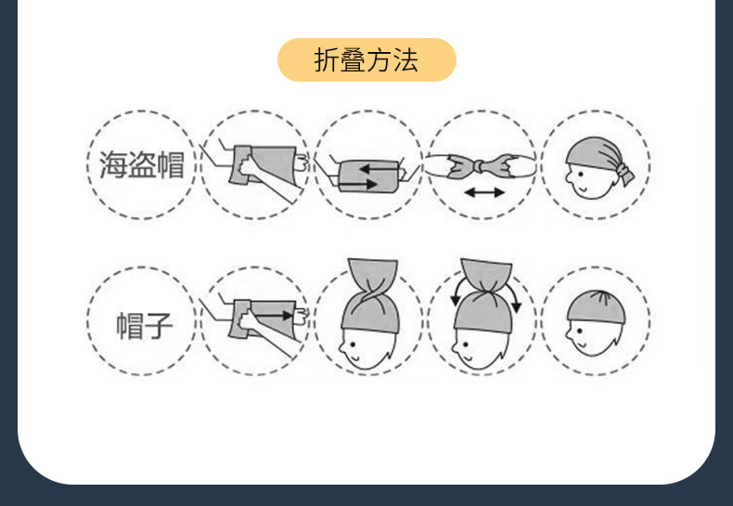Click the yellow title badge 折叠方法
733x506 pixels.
click(366, 60)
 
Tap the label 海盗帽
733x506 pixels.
click(141, 165)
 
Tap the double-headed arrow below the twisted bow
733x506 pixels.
click(483, 192)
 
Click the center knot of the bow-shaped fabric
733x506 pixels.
click(482, 165)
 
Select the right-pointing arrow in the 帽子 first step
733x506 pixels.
click(276, 316)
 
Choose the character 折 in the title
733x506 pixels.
click(328, 61)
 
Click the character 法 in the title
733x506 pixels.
click(405, 61)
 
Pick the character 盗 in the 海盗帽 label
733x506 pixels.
click(141, 165)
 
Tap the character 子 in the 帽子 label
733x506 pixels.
click(158, 325)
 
